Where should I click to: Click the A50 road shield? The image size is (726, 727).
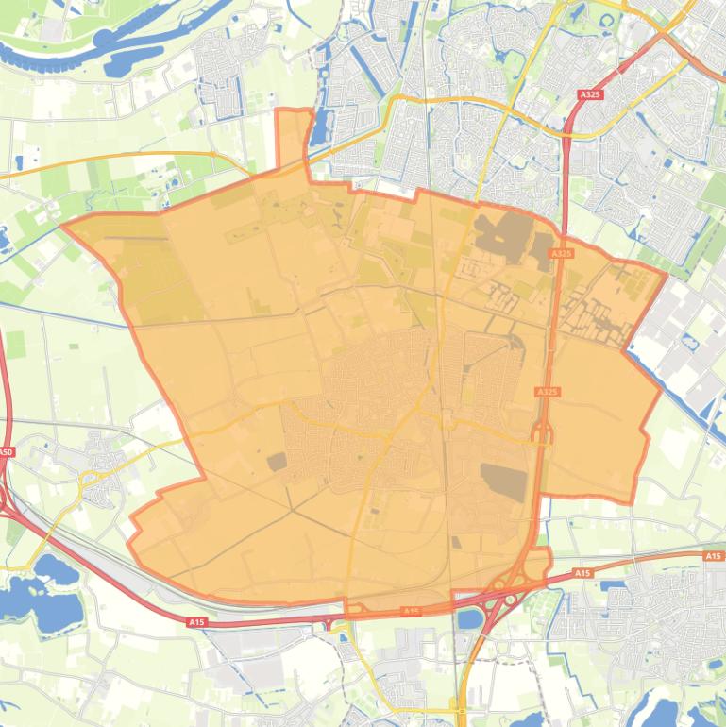(x=7, y=452)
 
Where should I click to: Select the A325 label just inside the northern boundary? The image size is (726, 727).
(x=561, y=253)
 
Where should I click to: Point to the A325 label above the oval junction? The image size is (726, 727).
(x=547, y=392)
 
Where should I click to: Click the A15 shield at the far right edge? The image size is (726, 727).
(x=713, y=557)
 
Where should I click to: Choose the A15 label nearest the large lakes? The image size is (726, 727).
(x=196, y=622)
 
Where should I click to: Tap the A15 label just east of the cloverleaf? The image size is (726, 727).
(x=582, y=574)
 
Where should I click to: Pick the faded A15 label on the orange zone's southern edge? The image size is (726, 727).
(x=411, y=611)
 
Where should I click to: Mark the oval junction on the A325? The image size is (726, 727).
(x=543, y=433)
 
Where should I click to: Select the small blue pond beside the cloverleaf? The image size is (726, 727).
(x=468, y=619)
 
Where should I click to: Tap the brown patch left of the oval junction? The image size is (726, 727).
(x=502, y=481)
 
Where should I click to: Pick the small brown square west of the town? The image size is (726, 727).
(x=277, y=462)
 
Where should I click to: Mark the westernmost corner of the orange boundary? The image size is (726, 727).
(x=63, y=225)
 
